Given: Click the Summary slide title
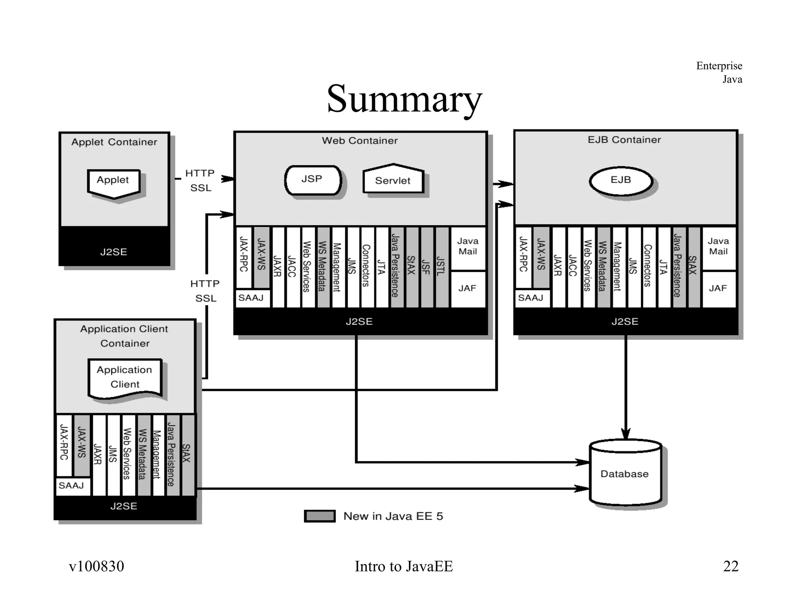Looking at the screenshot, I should click(x=404, y=99).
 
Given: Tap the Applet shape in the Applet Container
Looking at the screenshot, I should click(x=113, y=183).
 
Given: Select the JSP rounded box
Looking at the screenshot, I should click(x=313, y=180).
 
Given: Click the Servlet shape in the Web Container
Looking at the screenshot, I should click(x=393, y=180).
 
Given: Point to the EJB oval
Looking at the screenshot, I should click(x=621, y=181).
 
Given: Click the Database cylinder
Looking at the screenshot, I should click(x=625, y=473).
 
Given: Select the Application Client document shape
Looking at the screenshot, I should click(x=125, y=378).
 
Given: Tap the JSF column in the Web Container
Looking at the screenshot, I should click(x=427, y=267).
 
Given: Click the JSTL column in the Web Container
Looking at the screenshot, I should click(x=442, y=267).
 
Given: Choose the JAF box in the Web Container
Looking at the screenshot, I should click(x=467, y=289).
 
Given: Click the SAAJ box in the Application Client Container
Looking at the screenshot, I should click(x=72, y=486).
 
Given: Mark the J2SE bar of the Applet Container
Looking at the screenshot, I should click(x=114, y=251).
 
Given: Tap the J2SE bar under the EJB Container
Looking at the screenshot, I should click(x=625, y=321).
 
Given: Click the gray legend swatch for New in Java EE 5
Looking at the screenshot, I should click(x=320, y=516).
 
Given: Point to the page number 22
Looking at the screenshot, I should click(x=731, y=566).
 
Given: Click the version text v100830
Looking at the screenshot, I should click(x=96, y=566).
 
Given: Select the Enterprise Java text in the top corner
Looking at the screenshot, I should click(x=719, y=72).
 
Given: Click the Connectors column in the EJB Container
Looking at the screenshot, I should click(x=648, y=267).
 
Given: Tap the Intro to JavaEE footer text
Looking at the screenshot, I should click(x=404, y=566).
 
